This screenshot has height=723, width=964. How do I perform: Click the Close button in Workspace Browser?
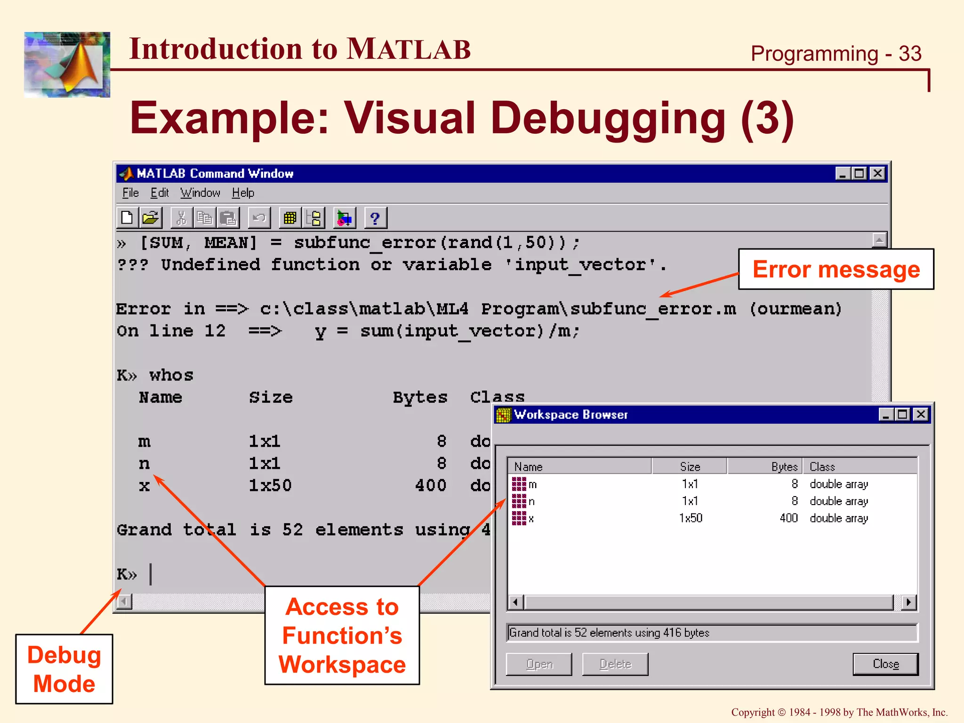pos(885,664)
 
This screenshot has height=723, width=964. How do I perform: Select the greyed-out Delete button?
pos(615,664)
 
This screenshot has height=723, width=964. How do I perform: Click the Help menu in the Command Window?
pos(243,193)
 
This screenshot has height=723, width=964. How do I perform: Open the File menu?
pos(130,193)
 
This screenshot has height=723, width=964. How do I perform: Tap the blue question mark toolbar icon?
pos(375,218)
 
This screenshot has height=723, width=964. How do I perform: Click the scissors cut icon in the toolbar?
pos(181,218)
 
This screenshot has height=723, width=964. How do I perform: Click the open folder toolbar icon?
pos(151,218)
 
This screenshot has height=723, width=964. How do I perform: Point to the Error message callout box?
pos(836,269)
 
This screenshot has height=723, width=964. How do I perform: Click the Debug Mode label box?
pos(64,669)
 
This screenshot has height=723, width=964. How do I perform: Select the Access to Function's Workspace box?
pos(342,635)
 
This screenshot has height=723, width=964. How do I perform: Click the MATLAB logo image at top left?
pos(67,65)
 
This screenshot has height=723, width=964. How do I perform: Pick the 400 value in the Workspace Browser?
pos(788,518)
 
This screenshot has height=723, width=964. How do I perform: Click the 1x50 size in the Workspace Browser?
pos(691,518)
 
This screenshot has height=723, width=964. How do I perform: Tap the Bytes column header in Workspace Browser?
pos(784,467)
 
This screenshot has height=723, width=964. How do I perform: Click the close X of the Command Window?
pos(877,174)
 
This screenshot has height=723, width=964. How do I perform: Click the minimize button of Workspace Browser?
pos(886,415)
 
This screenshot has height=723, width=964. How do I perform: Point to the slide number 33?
pos(910,54)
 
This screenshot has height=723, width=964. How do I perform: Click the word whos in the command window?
pos(171,375)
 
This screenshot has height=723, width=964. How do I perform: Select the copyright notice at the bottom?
pos(839,712)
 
